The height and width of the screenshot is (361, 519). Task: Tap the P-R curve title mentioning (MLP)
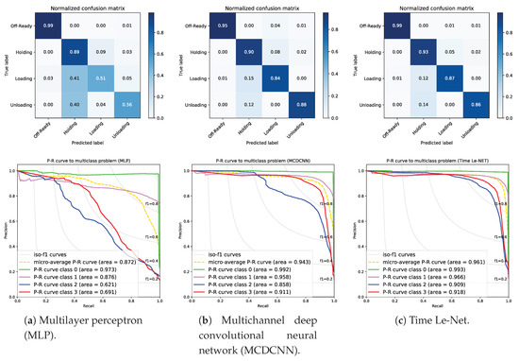click(x=87, y=163)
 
